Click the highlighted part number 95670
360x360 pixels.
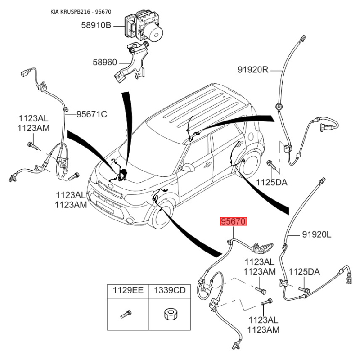234,221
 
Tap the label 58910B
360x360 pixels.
96,25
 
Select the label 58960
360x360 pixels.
105,62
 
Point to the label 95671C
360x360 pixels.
92,114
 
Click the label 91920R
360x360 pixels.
253,69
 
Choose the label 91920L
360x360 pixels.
317,234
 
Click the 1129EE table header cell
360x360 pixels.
128,291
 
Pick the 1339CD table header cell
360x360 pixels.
170,291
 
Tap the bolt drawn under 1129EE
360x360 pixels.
126,314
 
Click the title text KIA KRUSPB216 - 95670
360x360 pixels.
81,12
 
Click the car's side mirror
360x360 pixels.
187,167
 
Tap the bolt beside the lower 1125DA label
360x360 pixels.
305,290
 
